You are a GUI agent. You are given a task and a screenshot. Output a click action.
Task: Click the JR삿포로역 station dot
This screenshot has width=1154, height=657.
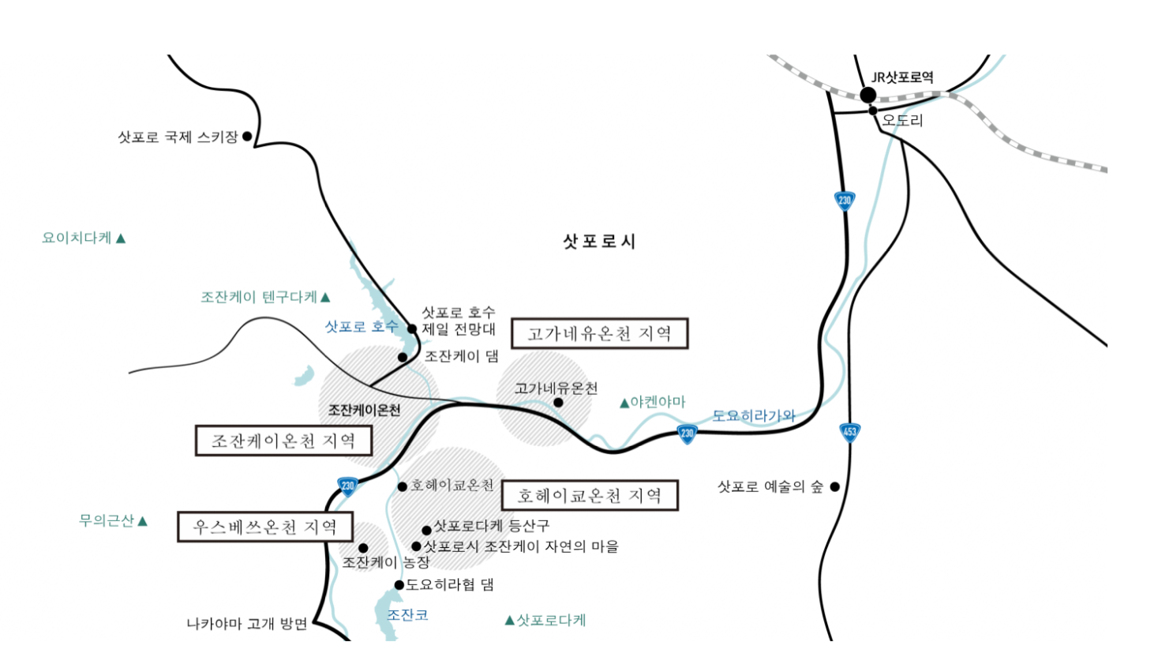(868, 95)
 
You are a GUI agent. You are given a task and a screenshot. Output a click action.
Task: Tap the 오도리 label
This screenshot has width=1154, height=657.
(902, 121)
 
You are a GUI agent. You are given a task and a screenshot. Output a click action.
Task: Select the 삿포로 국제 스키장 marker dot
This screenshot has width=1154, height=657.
(247, 136)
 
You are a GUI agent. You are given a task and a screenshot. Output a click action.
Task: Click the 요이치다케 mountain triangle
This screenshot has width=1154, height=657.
(121, 238)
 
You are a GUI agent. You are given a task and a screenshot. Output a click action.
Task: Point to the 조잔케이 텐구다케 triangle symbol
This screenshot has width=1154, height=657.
(325, 298)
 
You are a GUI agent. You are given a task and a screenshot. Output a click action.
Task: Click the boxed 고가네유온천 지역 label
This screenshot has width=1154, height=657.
(600, 333)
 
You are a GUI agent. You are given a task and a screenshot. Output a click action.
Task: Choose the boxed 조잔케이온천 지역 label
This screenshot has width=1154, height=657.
(284, 441)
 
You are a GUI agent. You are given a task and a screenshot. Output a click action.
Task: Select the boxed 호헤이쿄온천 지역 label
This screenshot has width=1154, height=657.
(590, 495)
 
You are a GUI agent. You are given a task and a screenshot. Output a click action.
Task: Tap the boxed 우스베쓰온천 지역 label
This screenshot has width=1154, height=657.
(265, 527)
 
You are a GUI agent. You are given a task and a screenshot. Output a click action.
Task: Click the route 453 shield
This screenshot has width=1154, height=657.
(849, 432)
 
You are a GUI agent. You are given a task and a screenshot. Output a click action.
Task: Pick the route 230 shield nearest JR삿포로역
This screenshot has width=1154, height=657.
(845, 201)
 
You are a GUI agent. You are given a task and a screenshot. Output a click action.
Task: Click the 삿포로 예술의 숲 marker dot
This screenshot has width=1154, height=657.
(834, 486)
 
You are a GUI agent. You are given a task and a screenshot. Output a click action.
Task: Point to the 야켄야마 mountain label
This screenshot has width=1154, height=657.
(658, 402)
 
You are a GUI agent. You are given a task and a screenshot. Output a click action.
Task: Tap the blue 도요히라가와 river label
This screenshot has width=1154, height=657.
(754, 415)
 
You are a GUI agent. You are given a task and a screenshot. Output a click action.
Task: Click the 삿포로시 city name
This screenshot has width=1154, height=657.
(600, 241)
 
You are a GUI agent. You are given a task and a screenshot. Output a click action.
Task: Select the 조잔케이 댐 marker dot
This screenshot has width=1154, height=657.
(403, 357)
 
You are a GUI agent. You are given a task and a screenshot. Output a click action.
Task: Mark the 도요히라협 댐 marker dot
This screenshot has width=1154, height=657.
(399, 585)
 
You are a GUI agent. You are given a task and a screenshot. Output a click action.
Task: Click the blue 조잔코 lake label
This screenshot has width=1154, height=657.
(407, 614)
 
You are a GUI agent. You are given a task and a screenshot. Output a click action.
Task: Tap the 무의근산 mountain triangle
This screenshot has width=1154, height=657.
(143, 521)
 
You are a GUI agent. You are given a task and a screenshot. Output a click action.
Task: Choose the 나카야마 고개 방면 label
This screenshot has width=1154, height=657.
(247, 624)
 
